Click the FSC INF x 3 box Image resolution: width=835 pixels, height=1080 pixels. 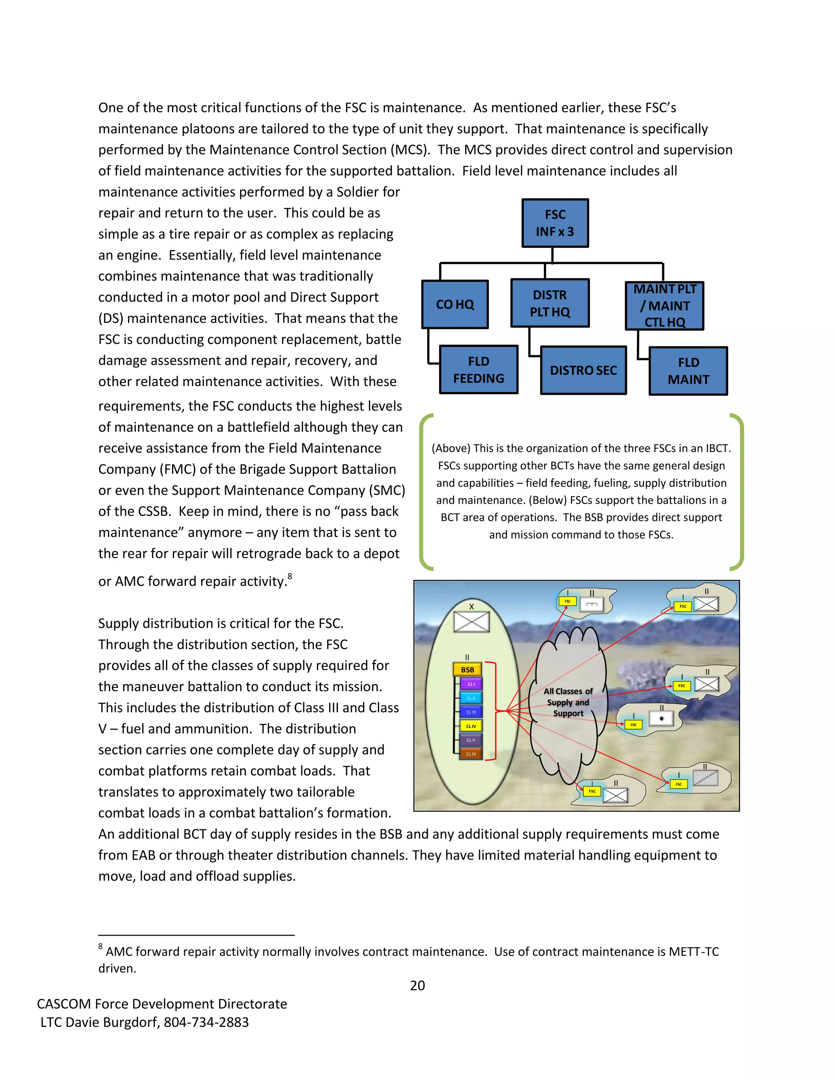click(555, 223)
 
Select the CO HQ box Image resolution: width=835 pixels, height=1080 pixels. click(455, 304)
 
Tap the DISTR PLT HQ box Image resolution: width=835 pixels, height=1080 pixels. click(550, 303)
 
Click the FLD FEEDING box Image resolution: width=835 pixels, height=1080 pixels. click(478, 370)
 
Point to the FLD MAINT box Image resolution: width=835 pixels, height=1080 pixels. click(688, 371)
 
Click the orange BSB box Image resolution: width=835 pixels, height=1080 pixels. click(468, 670)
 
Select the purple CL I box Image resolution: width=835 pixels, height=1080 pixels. click(471, 684)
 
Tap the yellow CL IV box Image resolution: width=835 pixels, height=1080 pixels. click(471, 726)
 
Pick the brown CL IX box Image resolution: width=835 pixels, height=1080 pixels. click(471, 754)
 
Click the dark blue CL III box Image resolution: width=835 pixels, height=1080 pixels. click(471, 712)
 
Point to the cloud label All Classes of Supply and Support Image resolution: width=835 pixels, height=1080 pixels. click(568, 702)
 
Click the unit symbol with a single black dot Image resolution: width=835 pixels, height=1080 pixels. click(661, 719)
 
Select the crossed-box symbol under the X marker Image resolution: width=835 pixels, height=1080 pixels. click(471, 622)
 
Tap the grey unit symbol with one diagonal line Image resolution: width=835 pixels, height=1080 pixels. click(705, 778)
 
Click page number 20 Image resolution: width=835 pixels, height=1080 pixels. click(417, 985)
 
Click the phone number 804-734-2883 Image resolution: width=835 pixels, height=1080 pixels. click(206, 1022)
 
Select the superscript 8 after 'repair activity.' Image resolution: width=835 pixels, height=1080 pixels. click(290, 576)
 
